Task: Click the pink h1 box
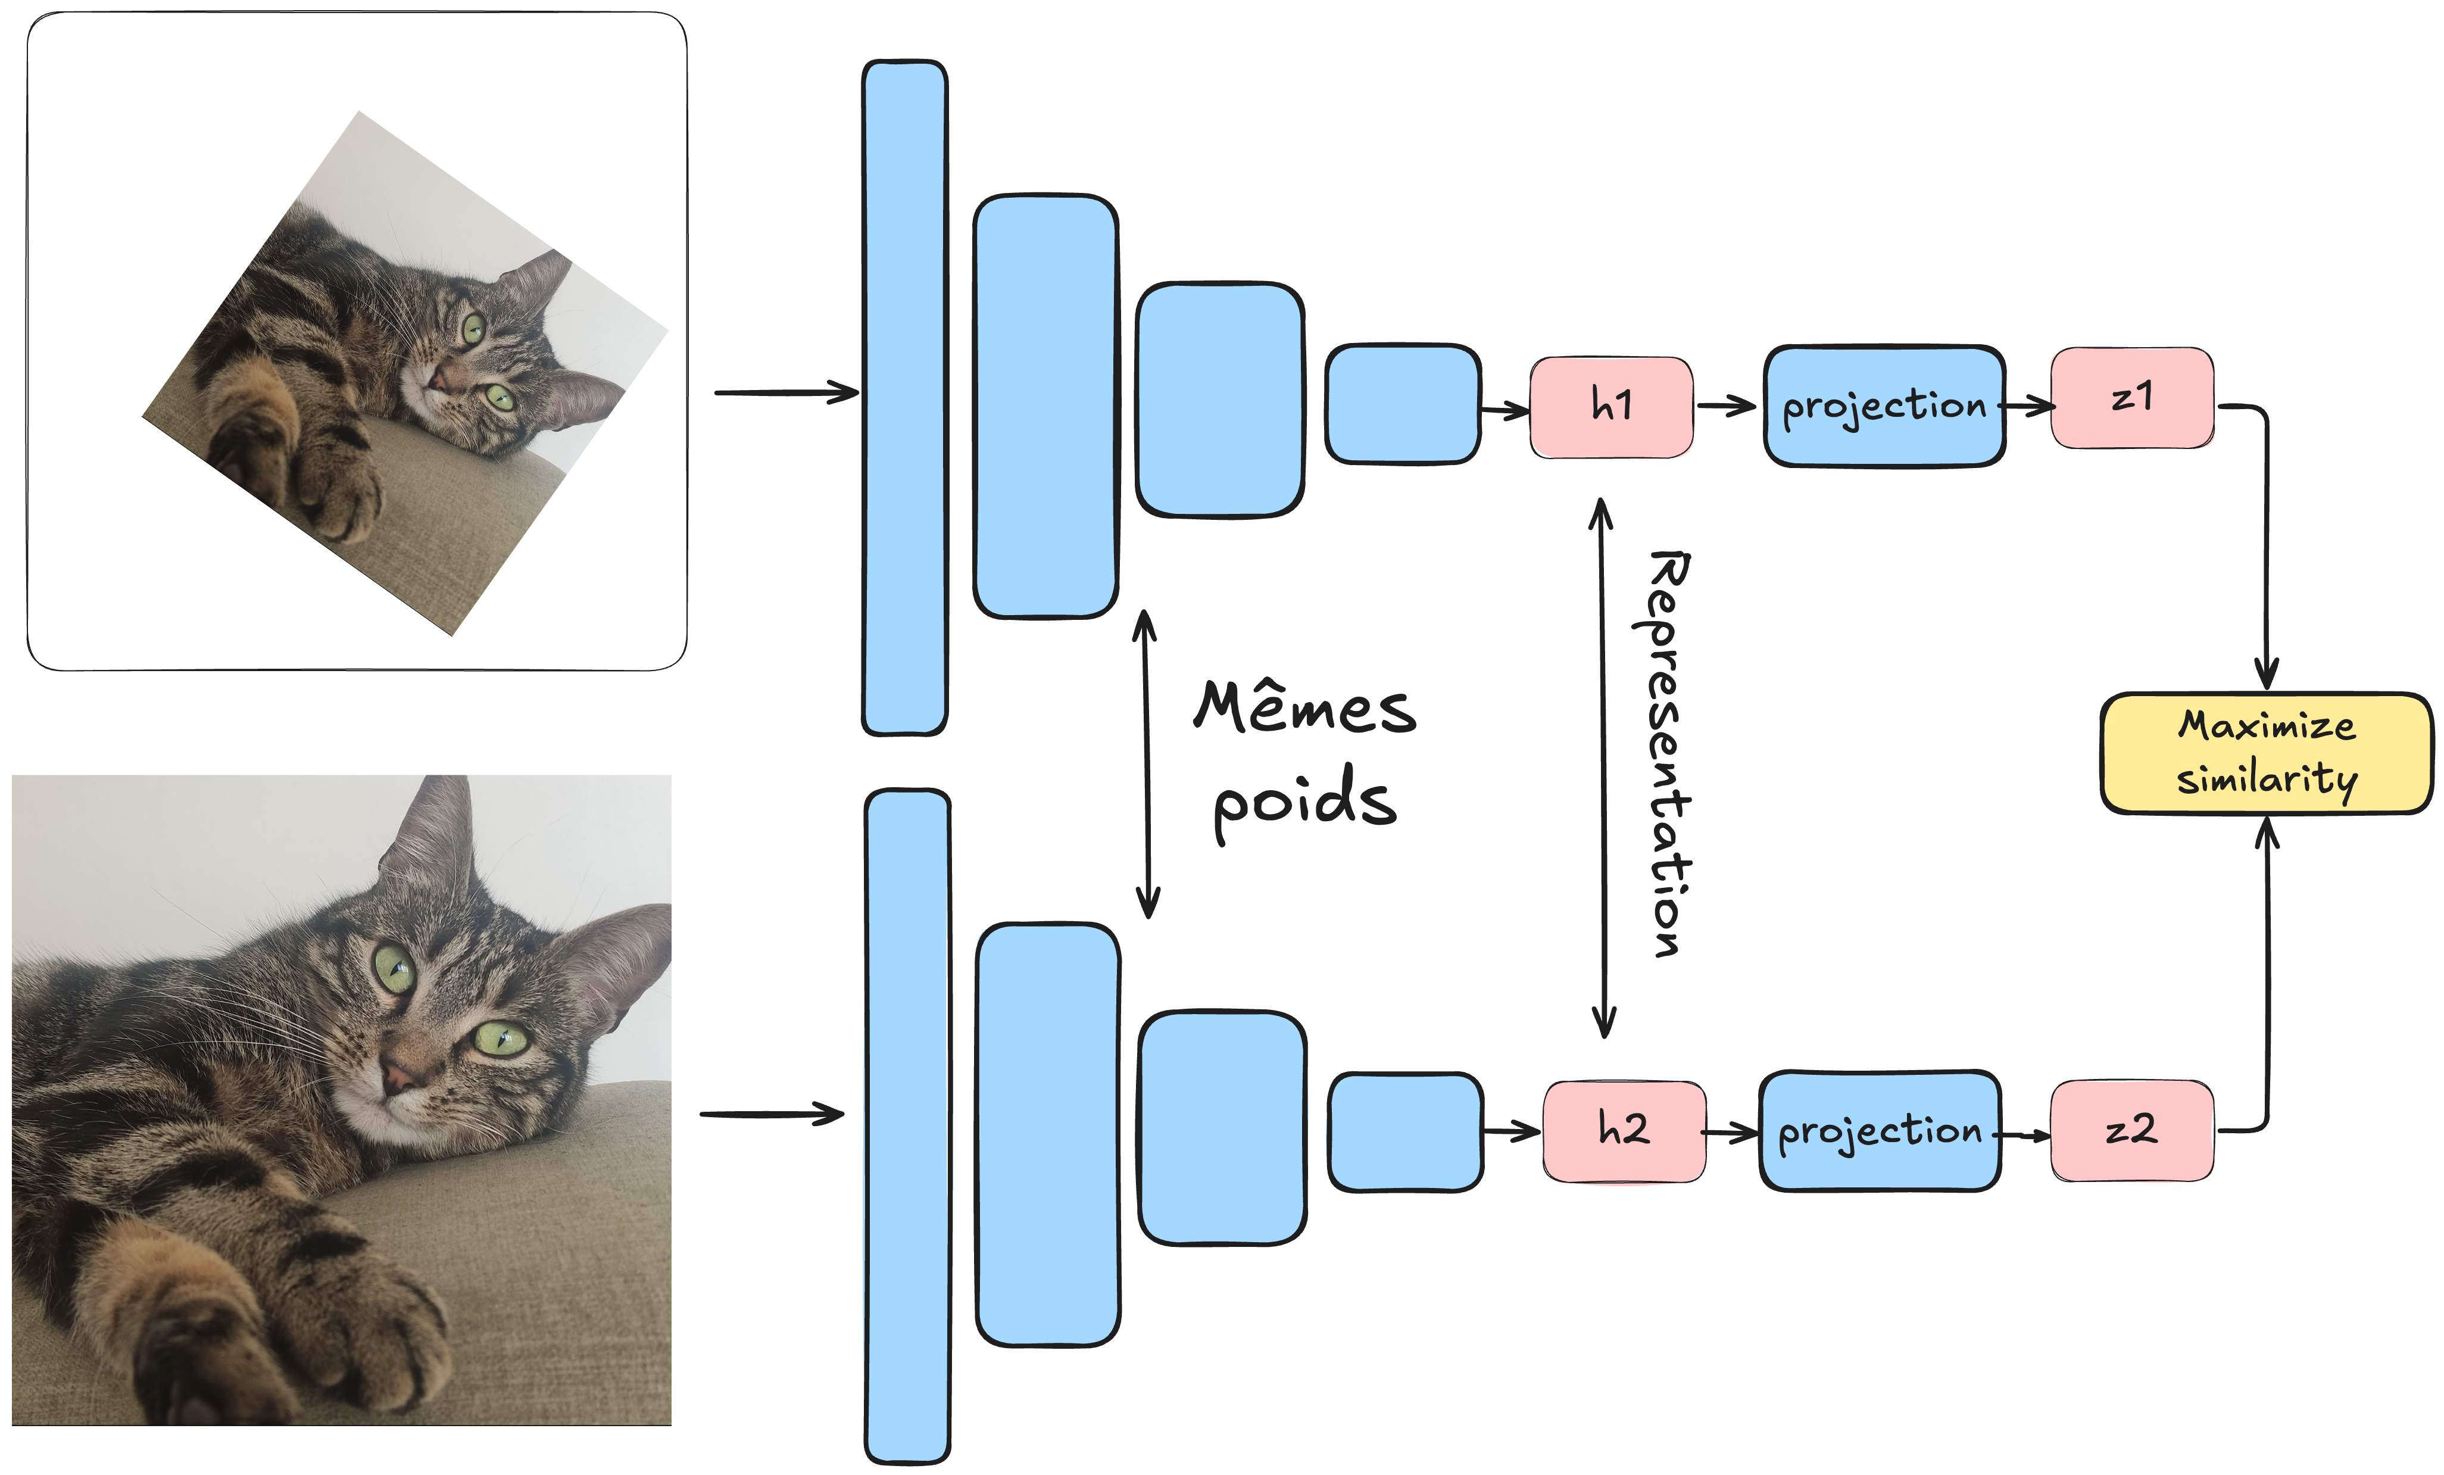pos(1611,407)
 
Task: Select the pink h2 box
pos(1624,1131)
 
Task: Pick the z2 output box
pos(2131,1131)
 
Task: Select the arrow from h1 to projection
pos(1726,406)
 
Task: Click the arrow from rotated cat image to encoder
pos(785,393)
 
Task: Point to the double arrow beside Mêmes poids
pos(1147,764)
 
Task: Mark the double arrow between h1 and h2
pos(1603,769)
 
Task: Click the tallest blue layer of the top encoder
pos(904,397)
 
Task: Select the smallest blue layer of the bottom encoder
pos(1406,1132)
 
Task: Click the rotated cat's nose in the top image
pos(436,377)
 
